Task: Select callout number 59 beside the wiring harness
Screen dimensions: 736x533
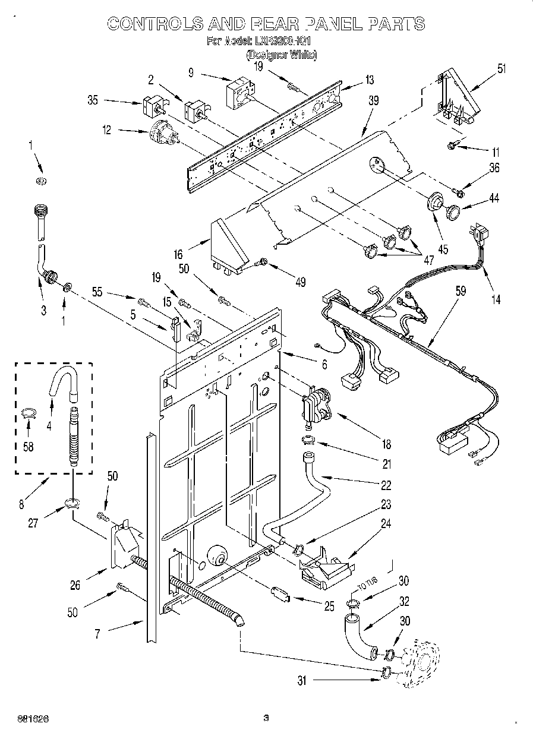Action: (461, 291)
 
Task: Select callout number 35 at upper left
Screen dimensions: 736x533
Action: (93, 100)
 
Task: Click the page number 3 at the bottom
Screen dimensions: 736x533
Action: (266, 718)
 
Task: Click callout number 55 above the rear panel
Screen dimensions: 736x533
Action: (98, 292)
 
